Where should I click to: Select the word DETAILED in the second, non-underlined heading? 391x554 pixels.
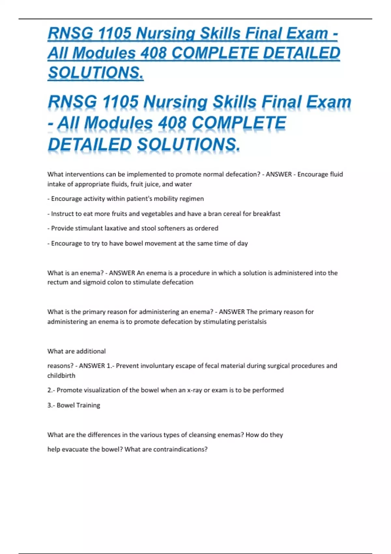coord(89,144)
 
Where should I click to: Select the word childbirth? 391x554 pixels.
coord(61,375)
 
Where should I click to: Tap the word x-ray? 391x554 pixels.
coord(195,390)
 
